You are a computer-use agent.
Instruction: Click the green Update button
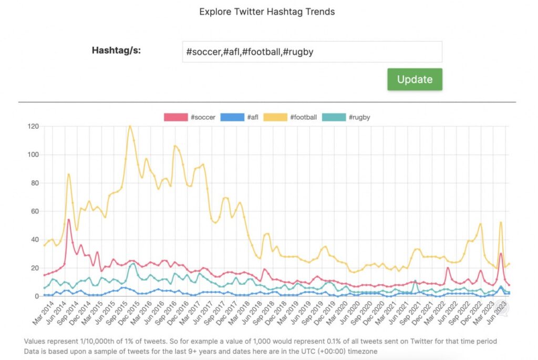click(x=415, y=79)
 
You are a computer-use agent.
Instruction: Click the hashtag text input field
click(x=312, y=52)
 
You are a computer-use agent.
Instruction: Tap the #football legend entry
click(x=290, y=117)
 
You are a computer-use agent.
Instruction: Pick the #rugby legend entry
click(x=346, y=117)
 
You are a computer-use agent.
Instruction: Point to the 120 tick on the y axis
click(x=33, y=127)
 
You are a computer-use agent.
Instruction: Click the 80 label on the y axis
click(x=35, y=183)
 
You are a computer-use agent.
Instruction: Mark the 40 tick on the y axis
click(x=35, y=240)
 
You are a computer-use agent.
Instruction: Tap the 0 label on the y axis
click(x=37, y=296)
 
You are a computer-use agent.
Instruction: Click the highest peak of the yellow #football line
click(x=130, y=126)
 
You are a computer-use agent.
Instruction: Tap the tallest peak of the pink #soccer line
click(x=69, y=220)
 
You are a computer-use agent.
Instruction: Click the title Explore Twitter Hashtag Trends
click(x=267, y=12)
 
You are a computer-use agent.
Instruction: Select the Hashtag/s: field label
click(x=116, y=51)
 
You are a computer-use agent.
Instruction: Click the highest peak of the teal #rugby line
click(x=132, y=264)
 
